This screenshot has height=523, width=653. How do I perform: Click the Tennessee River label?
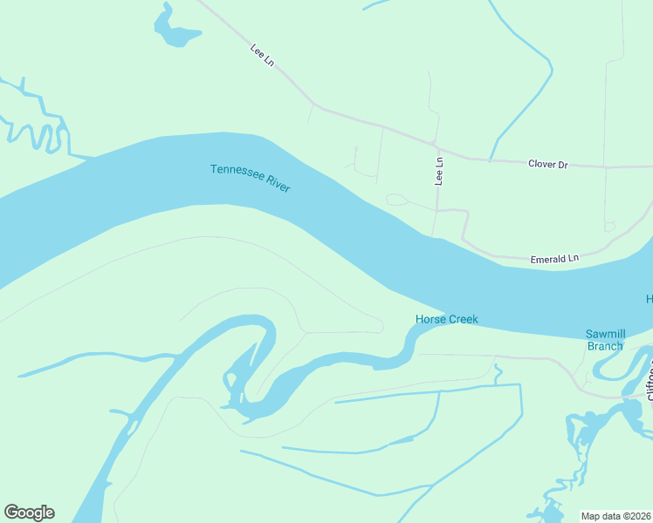tap(250, 178)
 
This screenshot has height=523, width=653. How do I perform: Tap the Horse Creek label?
tap(446, 320)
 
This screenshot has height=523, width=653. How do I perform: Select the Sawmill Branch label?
tap(604, 340)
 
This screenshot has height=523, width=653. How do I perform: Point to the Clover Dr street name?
tap(547, 164)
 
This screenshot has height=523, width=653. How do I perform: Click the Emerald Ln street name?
tap(554, 259)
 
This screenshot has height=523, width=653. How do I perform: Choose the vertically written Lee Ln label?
tap(439, 171)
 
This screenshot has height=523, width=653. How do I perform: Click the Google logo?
tap(29, 513)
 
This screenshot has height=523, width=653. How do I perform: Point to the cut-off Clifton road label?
tap(649, 384)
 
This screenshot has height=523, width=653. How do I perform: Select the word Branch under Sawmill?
tap(604, 346)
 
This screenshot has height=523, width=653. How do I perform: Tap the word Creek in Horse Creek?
tap(463, 320)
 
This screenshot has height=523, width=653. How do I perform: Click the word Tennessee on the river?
tap(236, 173)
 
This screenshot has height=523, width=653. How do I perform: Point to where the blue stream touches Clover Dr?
tap(491, 160)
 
